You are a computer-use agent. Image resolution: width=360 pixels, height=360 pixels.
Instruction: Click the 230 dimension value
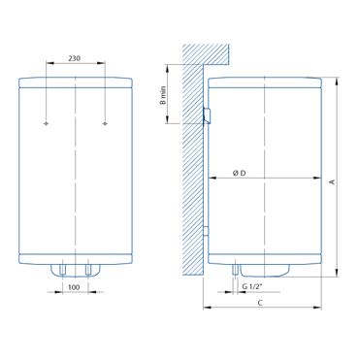click(74, 58)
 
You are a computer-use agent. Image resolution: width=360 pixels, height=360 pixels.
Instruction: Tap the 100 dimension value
click(74, 287)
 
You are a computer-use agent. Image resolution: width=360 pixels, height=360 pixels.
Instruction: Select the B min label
click(163, 95)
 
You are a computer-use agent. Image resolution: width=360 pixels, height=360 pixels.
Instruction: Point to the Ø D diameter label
click(239, 173)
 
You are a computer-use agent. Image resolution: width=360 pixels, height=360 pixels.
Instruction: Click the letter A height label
click(331, 182)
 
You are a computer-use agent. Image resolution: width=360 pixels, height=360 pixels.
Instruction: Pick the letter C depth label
click(260, 303)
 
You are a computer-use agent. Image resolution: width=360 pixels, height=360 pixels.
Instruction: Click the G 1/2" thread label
click(251, 286)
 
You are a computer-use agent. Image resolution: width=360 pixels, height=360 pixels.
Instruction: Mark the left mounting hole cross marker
click(47, 123)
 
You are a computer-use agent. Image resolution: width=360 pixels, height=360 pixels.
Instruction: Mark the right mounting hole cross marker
click(105, 123)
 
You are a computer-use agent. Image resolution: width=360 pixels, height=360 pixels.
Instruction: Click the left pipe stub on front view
click(62, 270)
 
